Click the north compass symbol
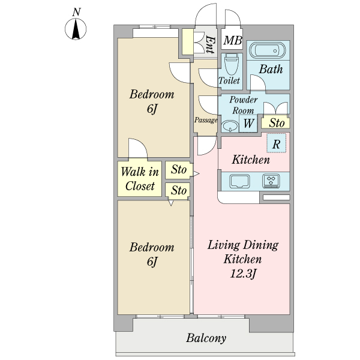(76, 29)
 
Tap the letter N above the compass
(76, 12)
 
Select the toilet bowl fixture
(232, 65)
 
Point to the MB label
(233, 40)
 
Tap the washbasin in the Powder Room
(230, 126)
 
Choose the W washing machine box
(248, 123)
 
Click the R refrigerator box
(277, 143)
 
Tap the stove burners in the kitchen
(271, 181)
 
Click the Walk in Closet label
(140, 179)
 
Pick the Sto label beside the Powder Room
(277, 123)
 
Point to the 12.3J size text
(243, 274)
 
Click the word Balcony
(206, 338)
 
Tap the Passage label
(206, 120)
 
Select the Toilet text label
(229, 80)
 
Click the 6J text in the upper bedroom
(152, 109)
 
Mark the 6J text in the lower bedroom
(152, 262)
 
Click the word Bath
(271, 69)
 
